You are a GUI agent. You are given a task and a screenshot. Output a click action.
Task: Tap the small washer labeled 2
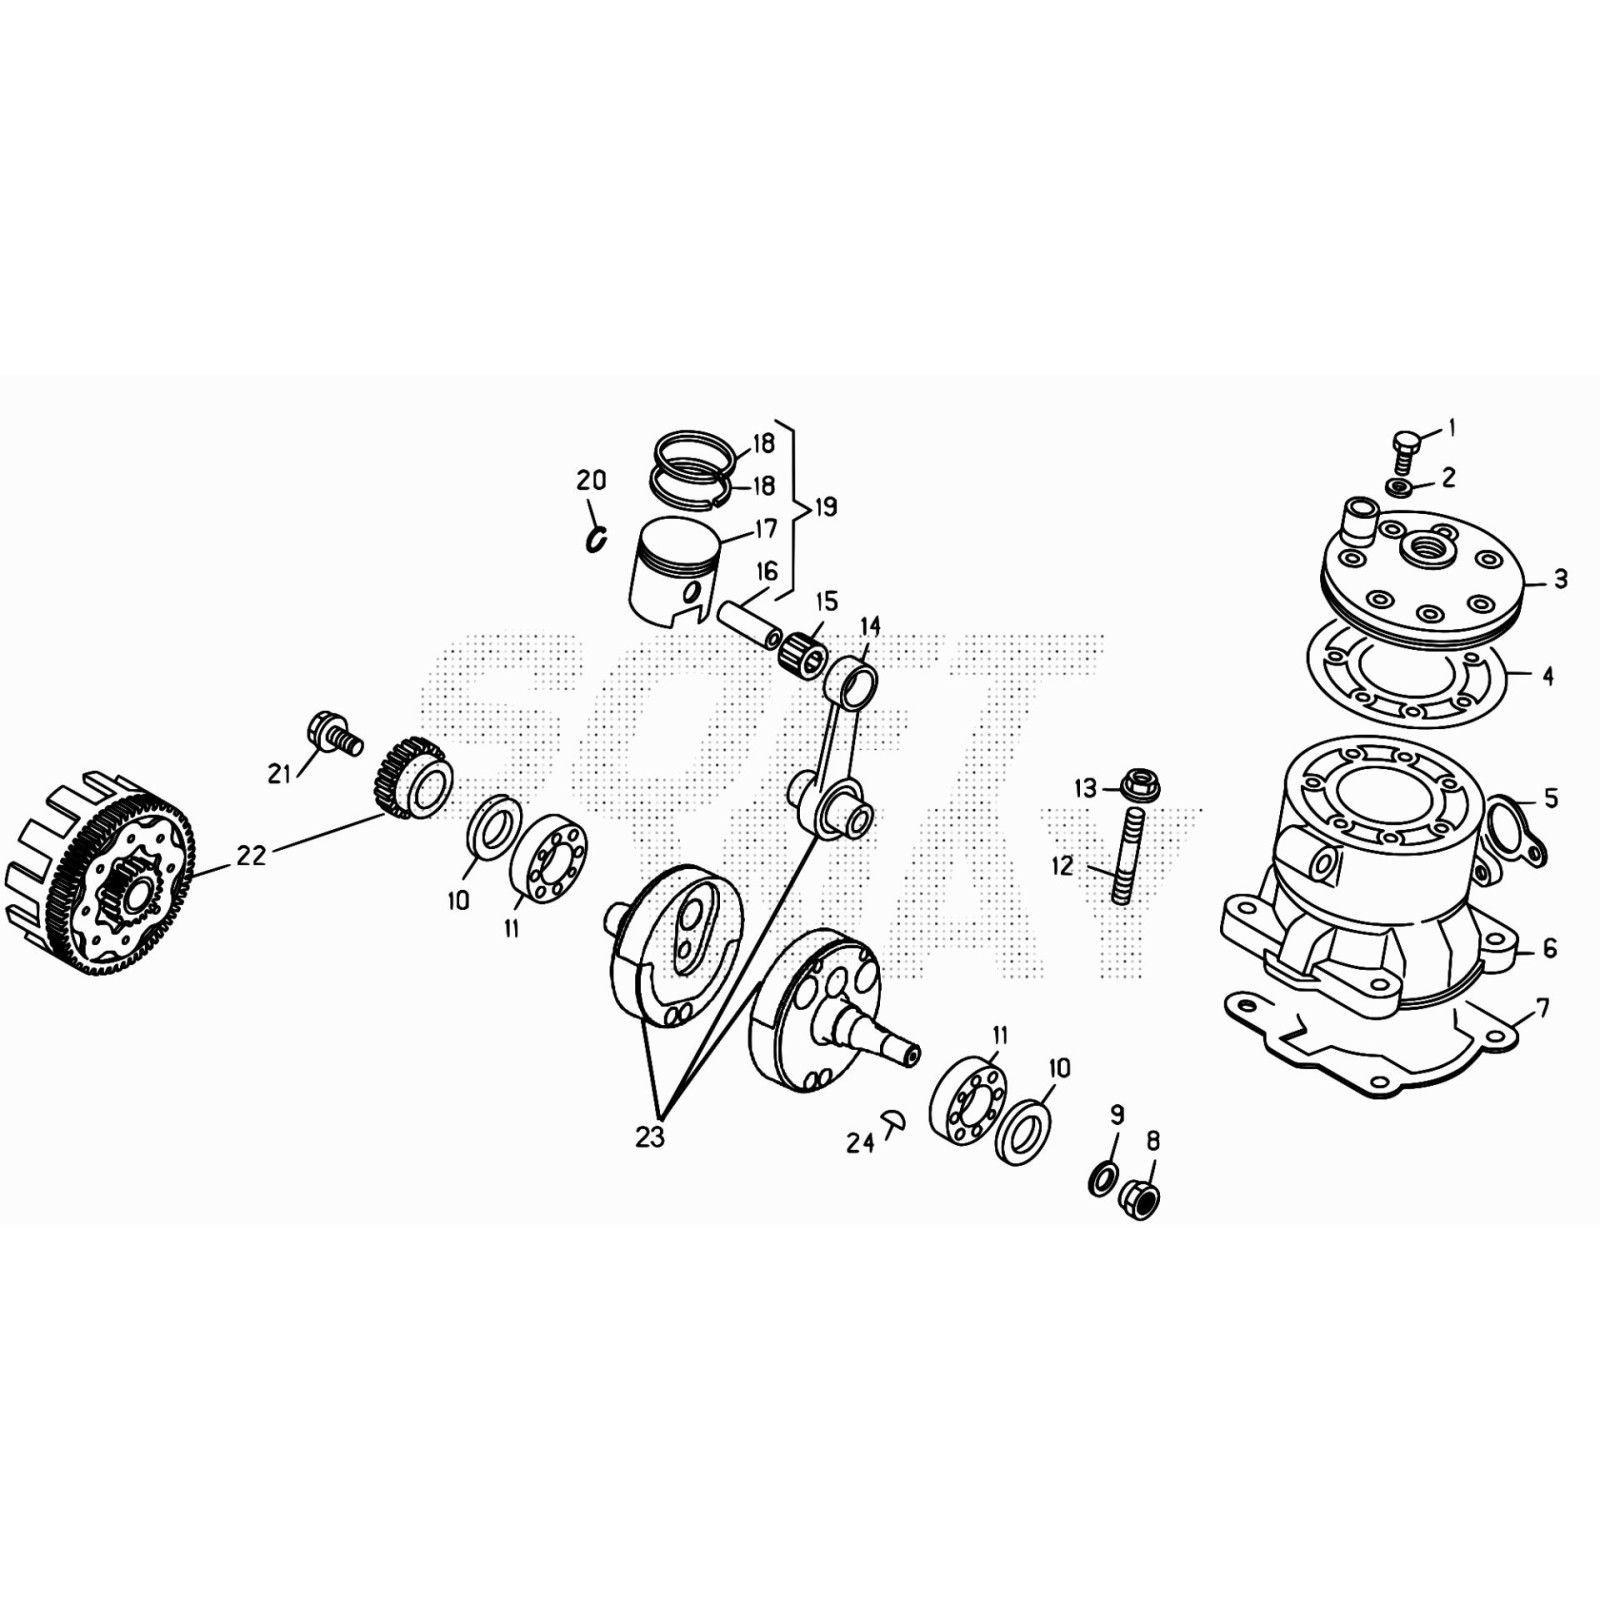tap(1398, 487)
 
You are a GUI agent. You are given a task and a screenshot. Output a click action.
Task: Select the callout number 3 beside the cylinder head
tap(1560, 579)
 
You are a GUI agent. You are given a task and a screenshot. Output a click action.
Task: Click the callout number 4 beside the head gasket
tap(1548, 676)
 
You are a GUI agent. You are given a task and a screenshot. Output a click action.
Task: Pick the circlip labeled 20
tap(597, 540)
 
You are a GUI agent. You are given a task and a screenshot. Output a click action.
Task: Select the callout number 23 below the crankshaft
tap(649, 1137)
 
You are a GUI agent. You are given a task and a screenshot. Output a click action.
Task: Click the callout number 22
tap(251, 855)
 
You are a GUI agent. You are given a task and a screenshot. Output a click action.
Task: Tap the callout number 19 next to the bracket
tap(825, 507)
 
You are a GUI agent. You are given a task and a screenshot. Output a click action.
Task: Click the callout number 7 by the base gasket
tap(1541, 1008)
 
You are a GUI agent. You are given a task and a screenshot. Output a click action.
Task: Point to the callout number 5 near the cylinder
tap(1550, 798)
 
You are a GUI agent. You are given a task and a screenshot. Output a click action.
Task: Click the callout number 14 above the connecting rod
tap(869, 626)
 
